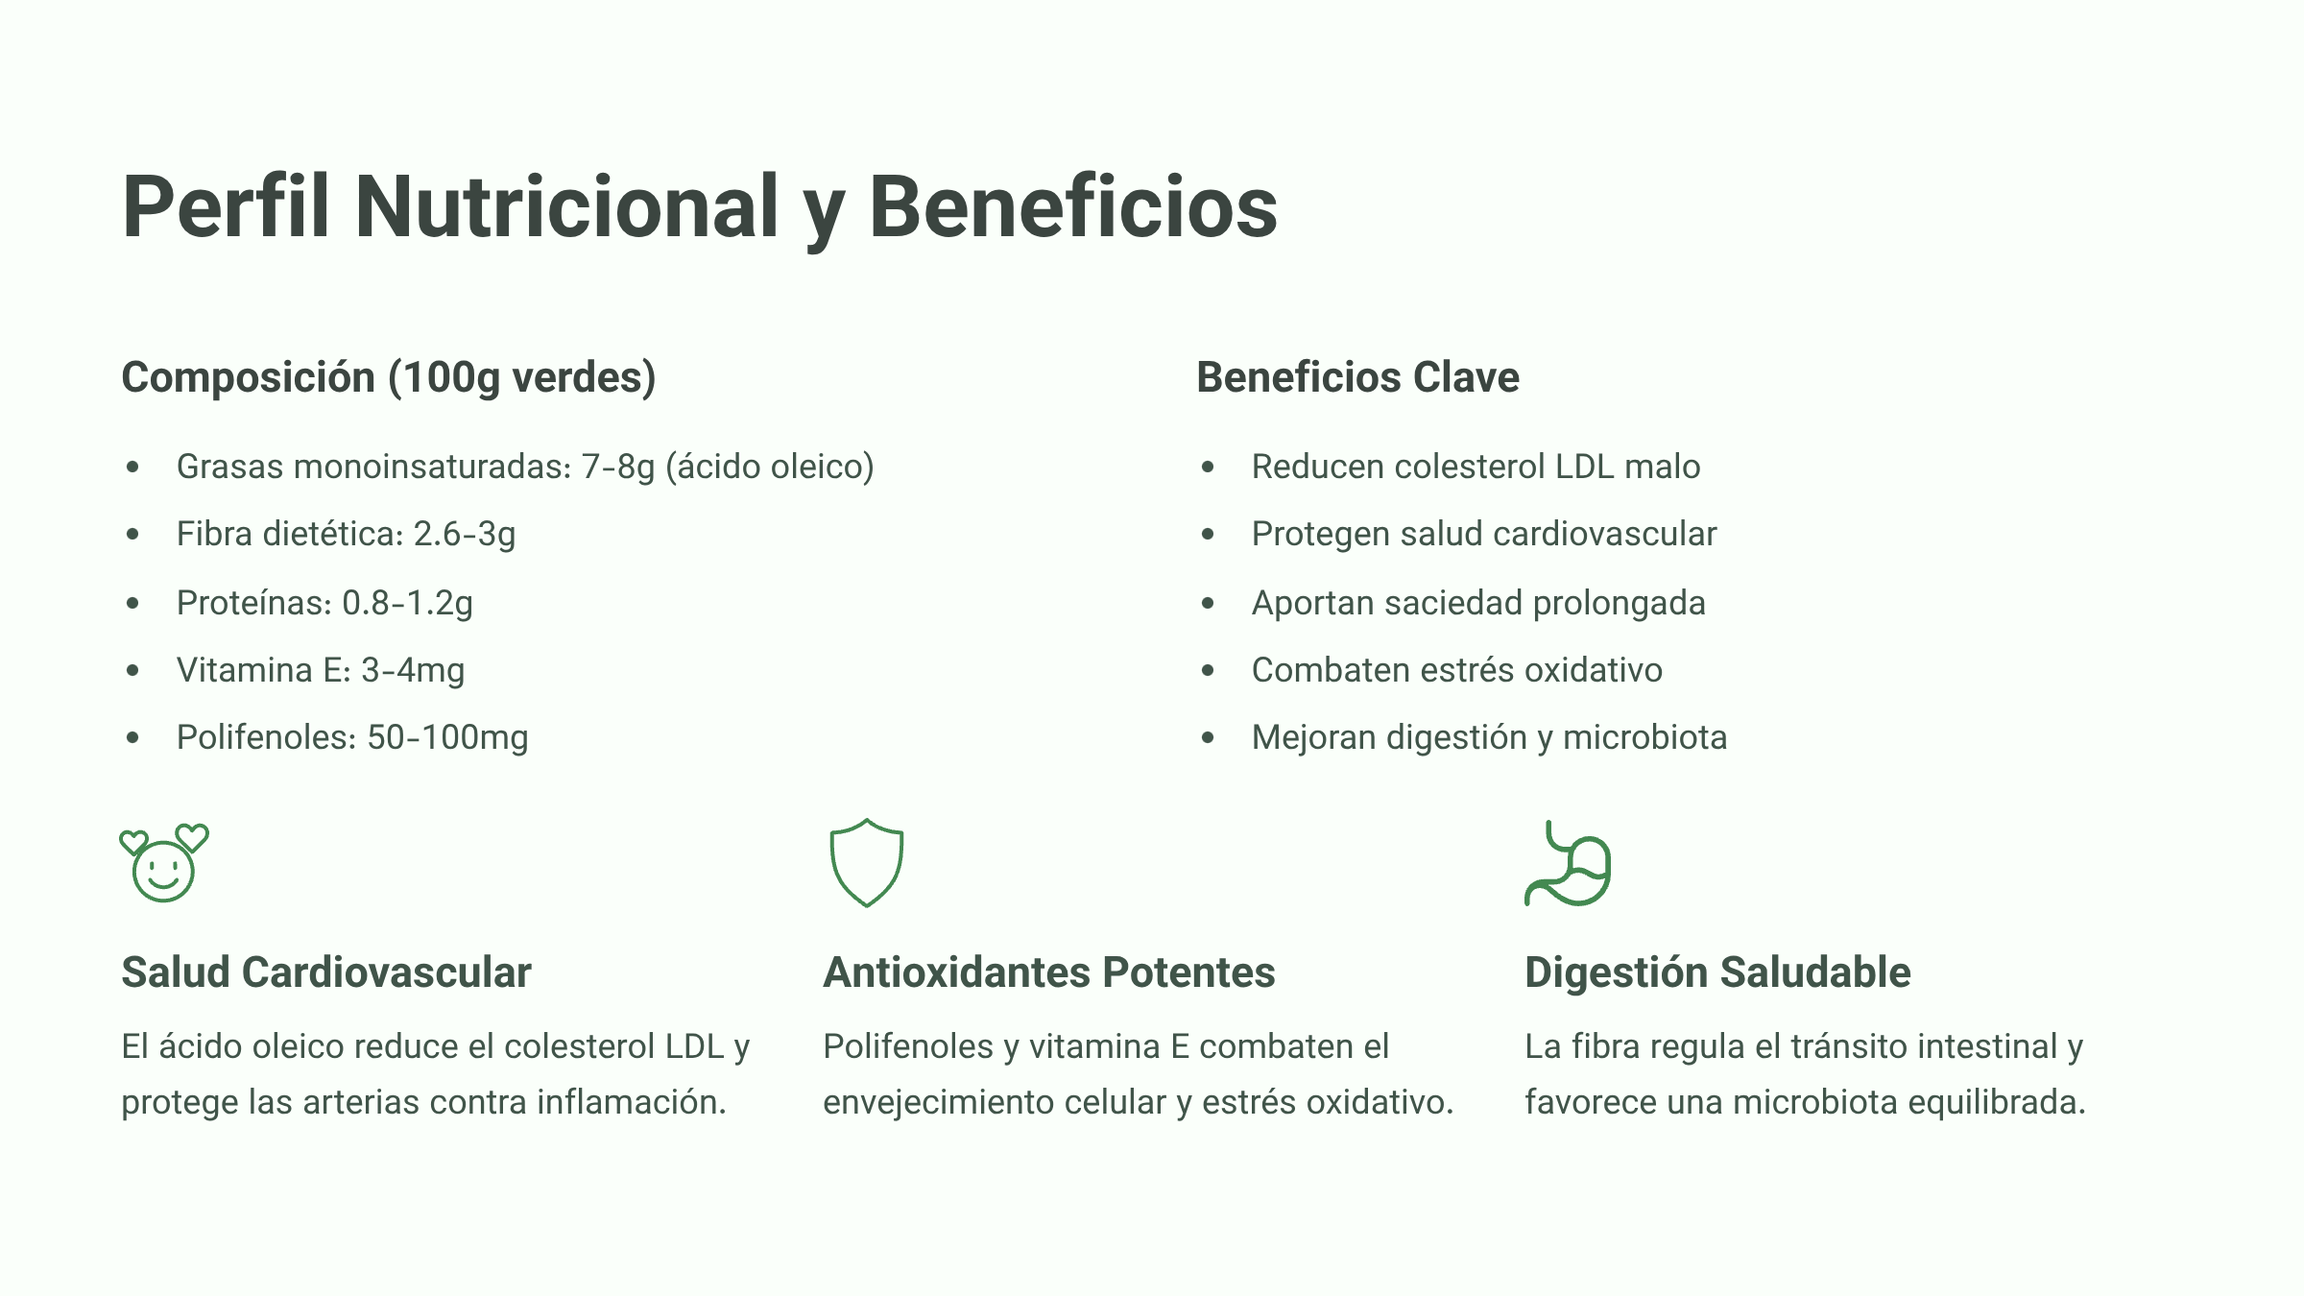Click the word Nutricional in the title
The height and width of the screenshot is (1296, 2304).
566,206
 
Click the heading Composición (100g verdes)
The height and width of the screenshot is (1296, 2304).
388,377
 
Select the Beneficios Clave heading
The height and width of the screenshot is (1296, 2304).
1357,377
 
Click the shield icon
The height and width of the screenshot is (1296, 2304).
866,863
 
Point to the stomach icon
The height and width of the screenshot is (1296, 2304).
1568,863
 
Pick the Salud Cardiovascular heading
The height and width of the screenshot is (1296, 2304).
326,972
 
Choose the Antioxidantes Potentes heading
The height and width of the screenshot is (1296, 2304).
1049,972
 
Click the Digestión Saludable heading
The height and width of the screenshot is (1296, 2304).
1717,972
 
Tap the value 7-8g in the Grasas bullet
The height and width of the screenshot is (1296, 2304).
618,468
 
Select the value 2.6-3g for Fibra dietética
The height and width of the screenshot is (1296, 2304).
465,535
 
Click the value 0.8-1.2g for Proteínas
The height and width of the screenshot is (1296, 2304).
407,603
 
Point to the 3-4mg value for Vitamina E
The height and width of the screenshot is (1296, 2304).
413,670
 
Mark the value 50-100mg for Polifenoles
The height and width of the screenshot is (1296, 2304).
447,737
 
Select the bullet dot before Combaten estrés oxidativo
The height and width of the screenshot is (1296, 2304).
1208,670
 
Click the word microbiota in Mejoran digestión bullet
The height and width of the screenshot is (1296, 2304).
1644,737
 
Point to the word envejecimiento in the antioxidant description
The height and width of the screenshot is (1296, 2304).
924,1102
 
